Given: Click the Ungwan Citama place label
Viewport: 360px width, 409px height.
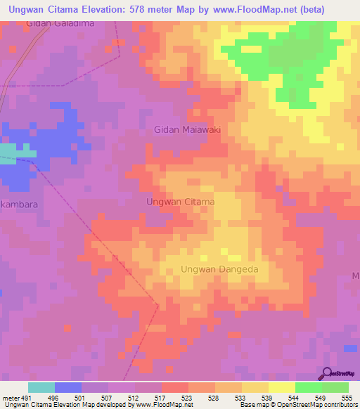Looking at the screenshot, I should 180,202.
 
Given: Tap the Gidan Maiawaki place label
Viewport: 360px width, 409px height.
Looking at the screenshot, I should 188,129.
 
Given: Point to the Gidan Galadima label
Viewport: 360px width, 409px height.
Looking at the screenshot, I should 59,23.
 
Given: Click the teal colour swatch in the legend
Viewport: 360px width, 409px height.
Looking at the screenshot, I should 41,387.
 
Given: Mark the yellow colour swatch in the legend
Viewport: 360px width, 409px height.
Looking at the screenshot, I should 281,387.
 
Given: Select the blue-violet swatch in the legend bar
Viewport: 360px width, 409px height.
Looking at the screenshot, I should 67,387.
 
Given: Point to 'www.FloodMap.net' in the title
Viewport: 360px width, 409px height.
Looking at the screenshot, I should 262,10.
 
